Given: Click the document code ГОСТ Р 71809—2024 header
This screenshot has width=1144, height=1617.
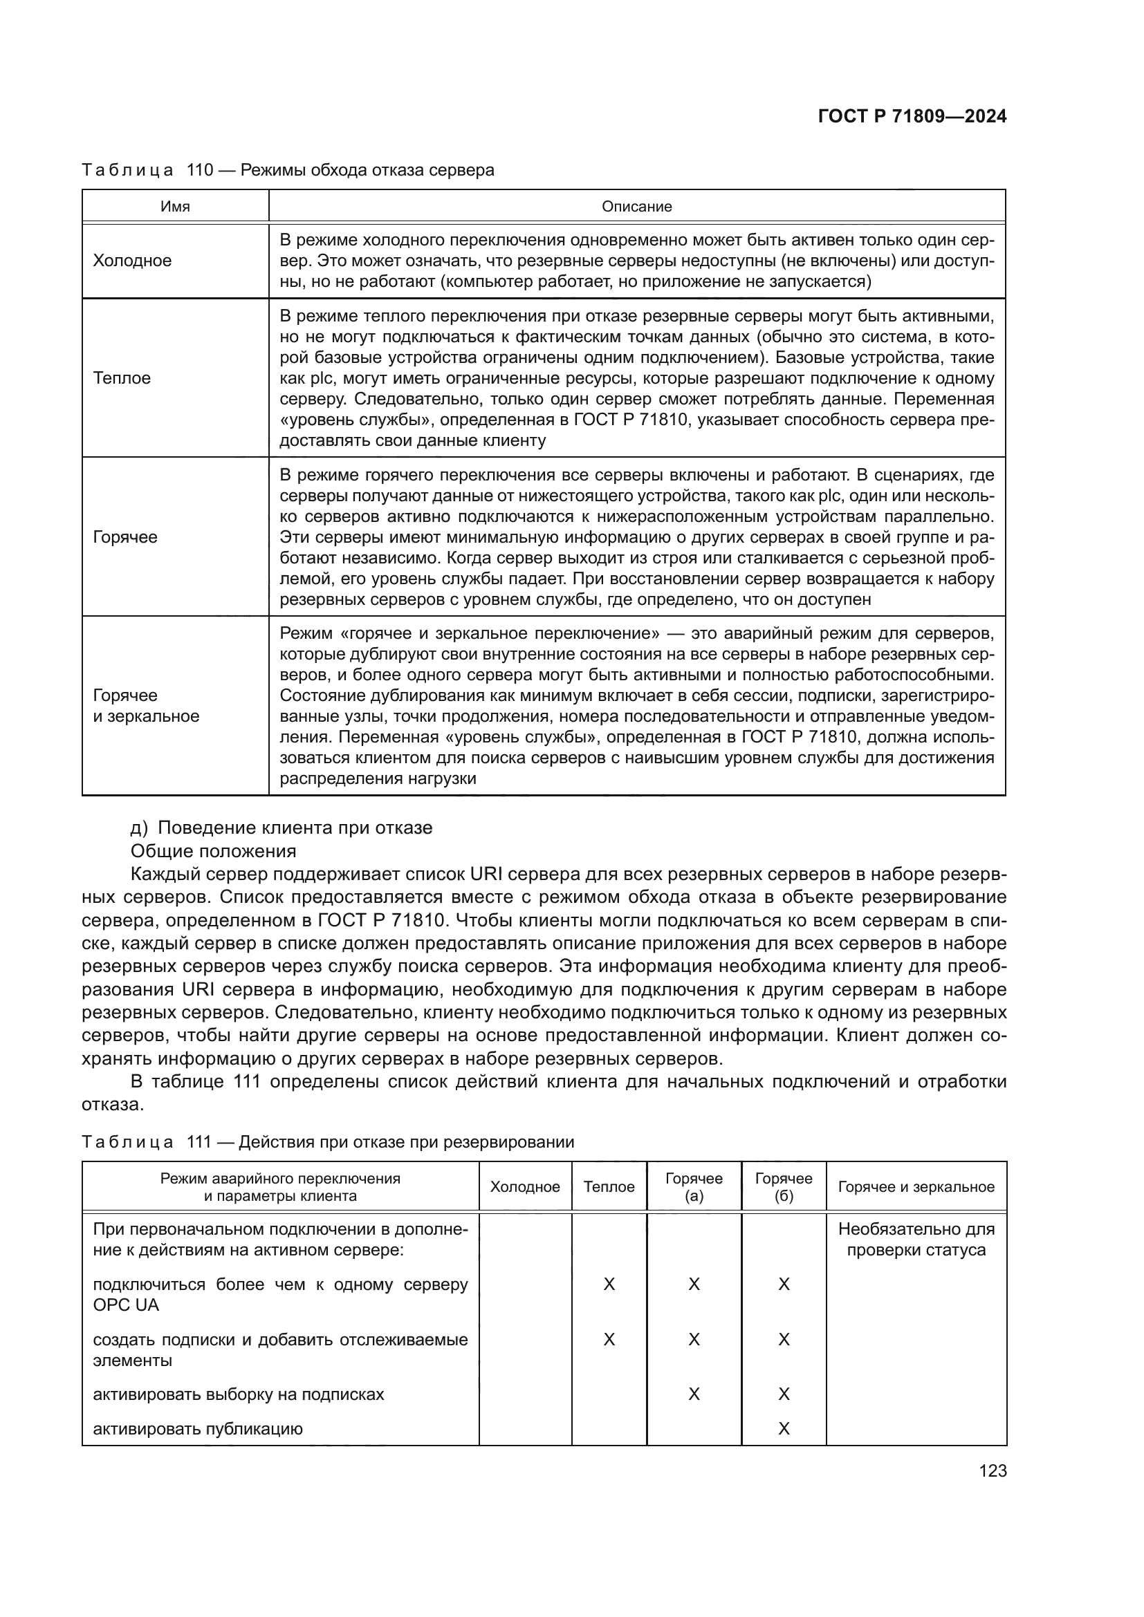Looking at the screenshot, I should tap(912, 116).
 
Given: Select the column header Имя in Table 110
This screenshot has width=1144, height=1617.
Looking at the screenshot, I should tap(175, 206).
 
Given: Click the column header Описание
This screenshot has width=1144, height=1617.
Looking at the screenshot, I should tap(636, 206).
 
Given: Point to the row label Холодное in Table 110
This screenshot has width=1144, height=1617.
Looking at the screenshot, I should tap(132, 261).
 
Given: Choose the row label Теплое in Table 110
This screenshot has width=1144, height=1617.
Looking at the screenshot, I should tap(122, 378).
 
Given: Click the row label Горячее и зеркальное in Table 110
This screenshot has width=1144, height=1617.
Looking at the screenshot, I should tap(146, 706).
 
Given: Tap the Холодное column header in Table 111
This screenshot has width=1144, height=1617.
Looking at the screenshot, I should tap(525, 1187).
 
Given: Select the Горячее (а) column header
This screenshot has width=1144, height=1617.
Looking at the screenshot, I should tap(694, 1187).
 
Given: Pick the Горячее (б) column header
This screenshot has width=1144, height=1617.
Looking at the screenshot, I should tap(784, 1187).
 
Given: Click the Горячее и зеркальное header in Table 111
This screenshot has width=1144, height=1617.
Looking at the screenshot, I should tap(916, 1187).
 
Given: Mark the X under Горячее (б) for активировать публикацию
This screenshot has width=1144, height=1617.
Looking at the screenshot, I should tap(784, 1429).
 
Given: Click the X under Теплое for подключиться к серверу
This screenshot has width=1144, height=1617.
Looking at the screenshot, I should tap(609, 1284).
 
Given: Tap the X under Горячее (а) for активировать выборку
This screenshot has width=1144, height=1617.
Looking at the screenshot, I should tap(694, 1394).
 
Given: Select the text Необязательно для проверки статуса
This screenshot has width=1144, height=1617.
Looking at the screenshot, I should tap(916, 1240).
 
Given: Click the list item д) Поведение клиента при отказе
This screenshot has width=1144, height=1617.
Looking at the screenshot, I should tap(281, 828).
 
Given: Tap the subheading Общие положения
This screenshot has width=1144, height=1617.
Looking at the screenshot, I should tap(214, 851).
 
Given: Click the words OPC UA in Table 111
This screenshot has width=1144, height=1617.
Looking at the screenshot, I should tap(126, 1305).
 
